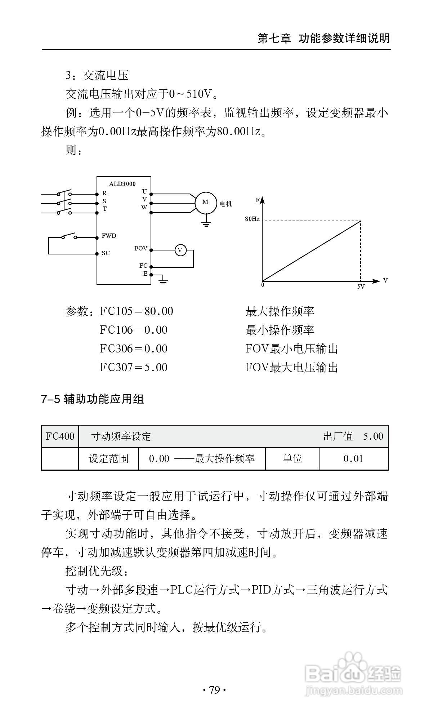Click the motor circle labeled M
point(205,202)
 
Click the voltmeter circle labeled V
point(180,250)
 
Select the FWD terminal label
point(109,236)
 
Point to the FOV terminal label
point(141,249)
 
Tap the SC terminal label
point(106,253)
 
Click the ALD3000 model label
point(122,184)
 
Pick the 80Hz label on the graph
point(252,219)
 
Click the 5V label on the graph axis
point(361,287)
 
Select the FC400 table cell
point(60,436)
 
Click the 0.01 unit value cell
point(353,459)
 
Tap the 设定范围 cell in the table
point(108,459)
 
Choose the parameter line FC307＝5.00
point(134,368)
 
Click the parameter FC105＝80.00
point(137,311)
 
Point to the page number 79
point(214,690)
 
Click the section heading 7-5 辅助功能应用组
point(93,399)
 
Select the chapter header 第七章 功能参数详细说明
point(324,38)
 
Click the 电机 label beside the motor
point(226,204)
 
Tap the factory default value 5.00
point(373,436)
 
